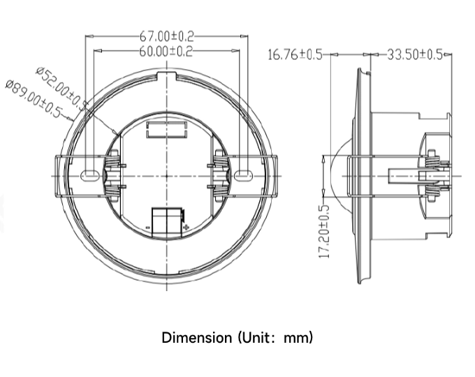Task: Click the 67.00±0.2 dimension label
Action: click(x=166, y=36)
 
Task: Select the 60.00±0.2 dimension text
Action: click(x=166, y=51)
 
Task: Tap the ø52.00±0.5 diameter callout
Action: click(x=62, y=89)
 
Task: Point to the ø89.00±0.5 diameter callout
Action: click(x=34, y=98)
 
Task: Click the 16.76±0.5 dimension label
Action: click(x=295, y=55)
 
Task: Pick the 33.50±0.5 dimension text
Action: click(x=415, y=54)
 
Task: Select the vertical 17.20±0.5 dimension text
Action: click(x=324, y=232)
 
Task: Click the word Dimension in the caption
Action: click(x=196, y=337)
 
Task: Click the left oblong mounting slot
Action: click(x=89, y=175)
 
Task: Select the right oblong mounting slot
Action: click(x=243, y=175)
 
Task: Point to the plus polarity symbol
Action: click(x=187, y=227)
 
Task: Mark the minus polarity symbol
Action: click(x=148, y=227)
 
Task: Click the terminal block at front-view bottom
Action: click(x=167, y=222)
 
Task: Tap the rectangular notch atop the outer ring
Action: click(x=167, y=75)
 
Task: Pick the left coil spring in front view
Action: click(x=112, y=175)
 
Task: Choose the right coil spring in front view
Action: click(x=221, y=175)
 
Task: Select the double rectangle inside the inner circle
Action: click(x=166, y=130)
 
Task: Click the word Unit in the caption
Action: click(x=255, y=337)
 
